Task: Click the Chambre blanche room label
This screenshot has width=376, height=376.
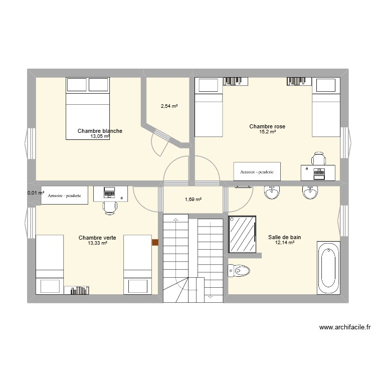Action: [x=100, y=131]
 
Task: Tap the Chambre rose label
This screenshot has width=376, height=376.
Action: [x=267, y=126]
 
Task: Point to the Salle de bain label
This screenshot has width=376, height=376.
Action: [x=284, y=237]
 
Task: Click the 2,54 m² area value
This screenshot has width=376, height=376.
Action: [x=169, y=106]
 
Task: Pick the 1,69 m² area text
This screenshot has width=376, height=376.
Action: [x=193, y=200]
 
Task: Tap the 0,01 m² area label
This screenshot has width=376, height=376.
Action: [x=36, y=193]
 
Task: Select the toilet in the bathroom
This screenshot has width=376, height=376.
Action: [x=239, y=271]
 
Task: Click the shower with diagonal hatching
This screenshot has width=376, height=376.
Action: [x=243, y=234]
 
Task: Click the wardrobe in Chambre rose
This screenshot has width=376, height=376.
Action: [x=257, y=172]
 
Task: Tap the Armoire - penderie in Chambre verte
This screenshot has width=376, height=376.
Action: [x=65, y=195]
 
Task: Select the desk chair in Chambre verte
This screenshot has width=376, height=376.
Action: [x=109, y=208]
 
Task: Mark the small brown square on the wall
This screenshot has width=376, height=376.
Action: [x=155, y=243]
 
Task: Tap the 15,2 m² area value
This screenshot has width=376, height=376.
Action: [x=267, y=132]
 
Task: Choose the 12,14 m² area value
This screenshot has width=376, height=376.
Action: [x=284, y=243]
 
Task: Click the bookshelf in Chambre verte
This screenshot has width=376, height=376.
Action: [x=77, y=290]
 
